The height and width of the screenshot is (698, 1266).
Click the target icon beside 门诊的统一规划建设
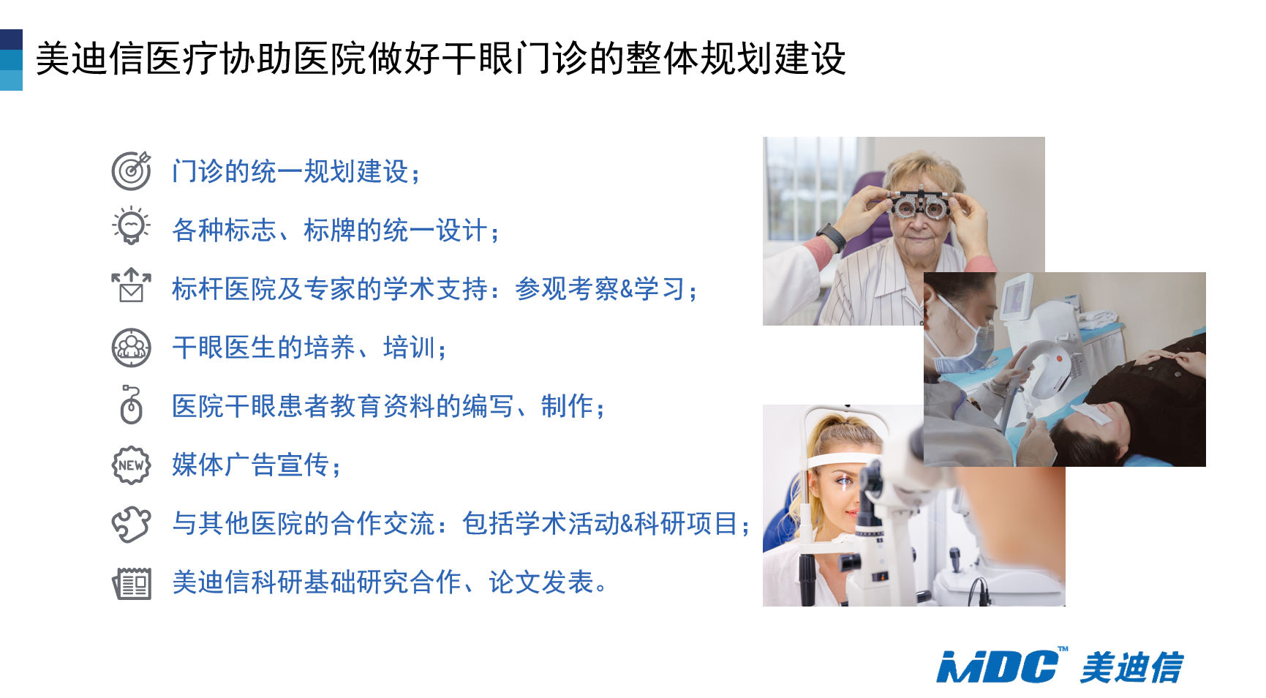click(132, 170)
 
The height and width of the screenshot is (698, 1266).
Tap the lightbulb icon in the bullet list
click(132, 225)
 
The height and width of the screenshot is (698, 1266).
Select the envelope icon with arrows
click(132, 285)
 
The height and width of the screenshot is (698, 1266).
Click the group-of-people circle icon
click(132, 348)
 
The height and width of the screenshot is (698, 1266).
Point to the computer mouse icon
click(131, 405)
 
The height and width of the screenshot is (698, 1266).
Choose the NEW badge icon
click(132, 465)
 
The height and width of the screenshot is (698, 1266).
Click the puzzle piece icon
click(132, 524)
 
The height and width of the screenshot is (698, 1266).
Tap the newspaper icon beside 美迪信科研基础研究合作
click(132, 583)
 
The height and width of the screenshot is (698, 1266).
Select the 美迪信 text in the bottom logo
click(1131, 667)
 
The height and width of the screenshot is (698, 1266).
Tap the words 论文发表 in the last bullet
click(541, 582)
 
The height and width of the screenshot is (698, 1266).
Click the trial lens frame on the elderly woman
click(919, 204)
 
